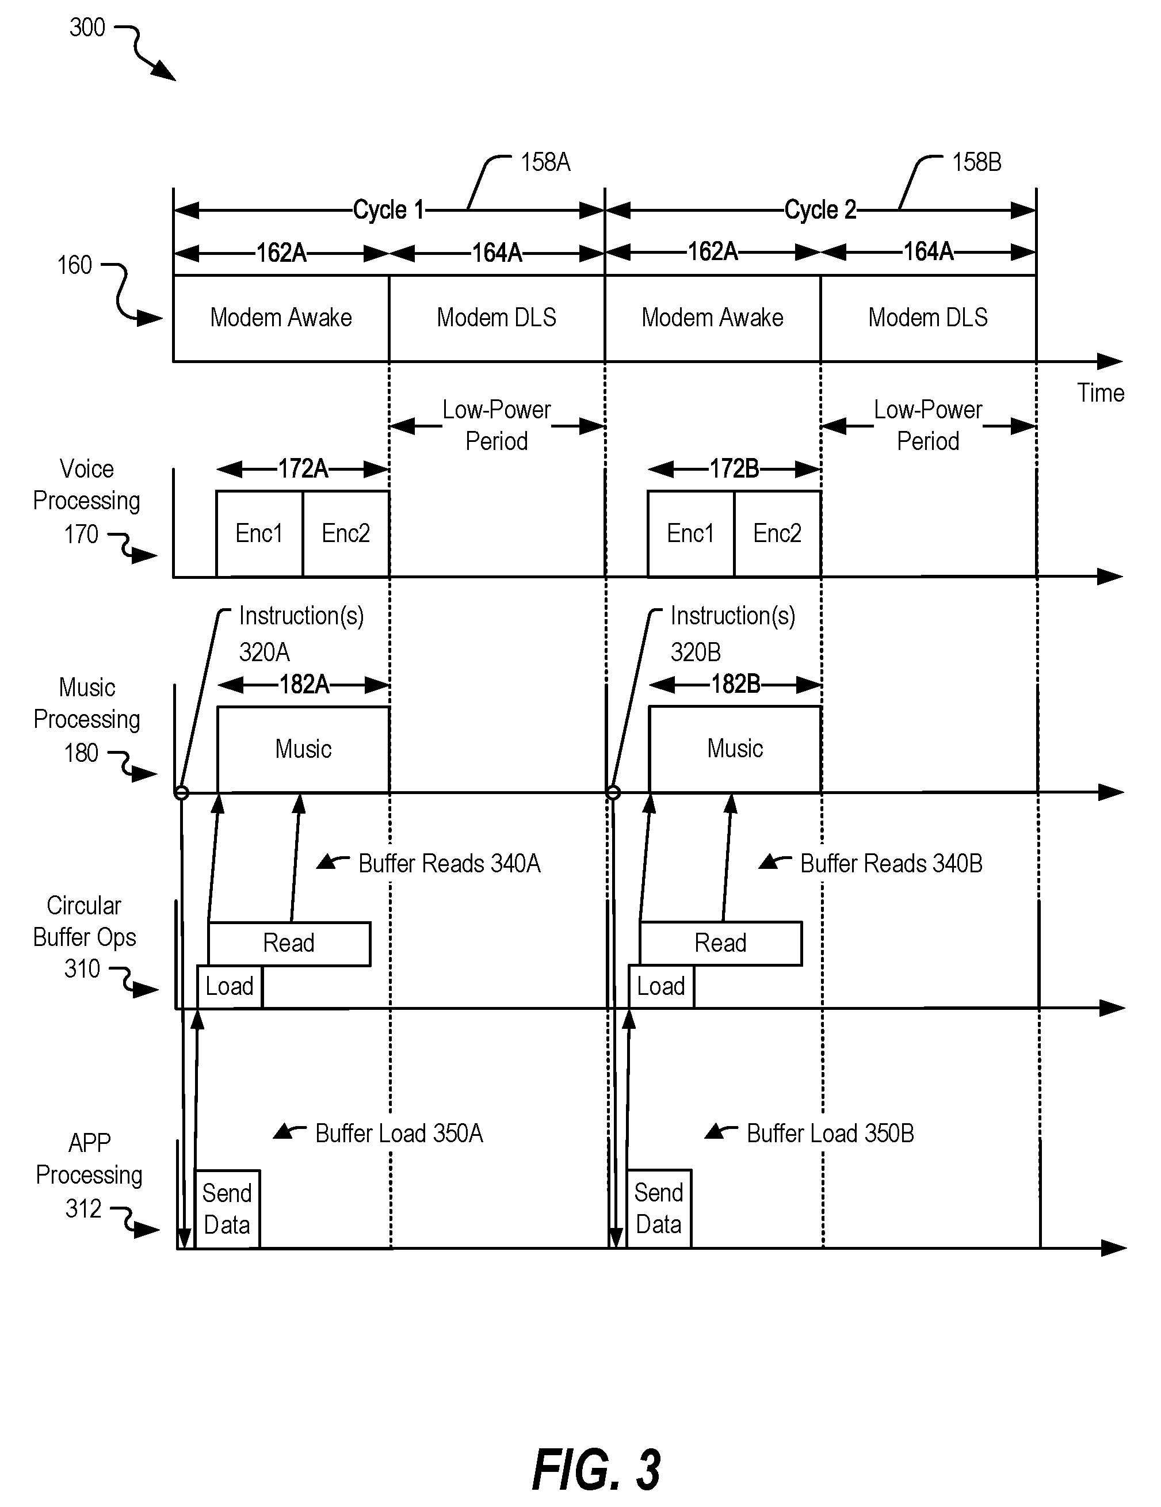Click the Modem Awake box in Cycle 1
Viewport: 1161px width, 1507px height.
(281, 318)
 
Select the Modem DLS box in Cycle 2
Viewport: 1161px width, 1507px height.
(929, 318)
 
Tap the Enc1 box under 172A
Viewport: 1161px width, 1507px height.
(259, 533)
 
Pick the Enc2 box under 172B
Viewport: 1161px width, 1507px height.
(777, 533)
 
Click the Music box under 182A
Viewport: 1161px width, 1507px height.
(304, 749)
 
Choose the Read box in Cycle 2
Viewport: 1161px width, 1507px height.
(721, 943)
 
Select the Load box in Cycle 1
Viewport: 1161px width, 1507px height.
(230, 987)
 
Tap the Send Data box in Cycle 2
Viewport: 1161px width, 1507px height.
(659, 1209)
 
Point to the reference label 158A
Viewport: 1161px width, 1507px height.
(545, 162)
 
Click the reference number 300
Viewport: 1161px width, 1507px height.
(87, 28)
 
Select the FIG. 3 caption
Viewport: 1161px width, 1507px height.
(597, 1470)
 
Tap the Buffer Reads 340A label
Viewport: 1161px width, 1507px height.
(449, 863)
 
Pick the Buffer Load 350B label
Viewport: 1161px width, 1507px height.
(831, 1133)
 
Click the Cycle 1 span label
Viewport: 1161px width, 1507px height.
(388, 210)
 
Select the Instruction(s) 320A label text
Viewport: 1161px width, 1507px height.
(301, 634)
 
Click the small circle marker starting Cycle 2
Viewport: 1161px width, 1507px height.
(613, 792)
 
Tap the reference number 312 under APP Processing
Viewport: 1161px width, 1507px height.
(83, 1208)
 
